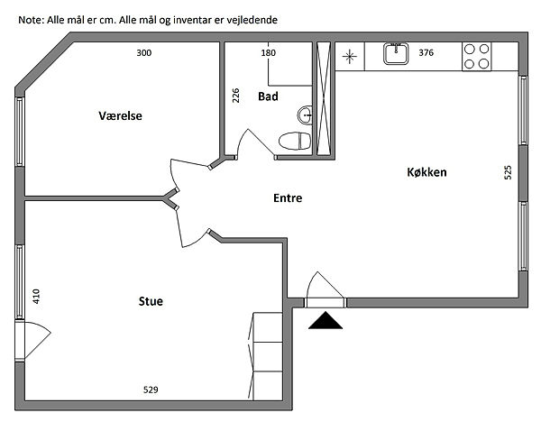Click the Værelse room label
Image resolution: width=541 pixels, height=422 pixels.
tap(120, 115)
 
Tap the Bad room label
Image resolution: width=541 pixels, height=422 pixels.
tap(268, 96)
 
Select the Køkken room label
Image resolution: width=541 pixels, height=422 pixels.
tap(426, 172)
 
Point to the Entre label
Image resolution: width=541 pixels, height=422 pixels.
tap(288, 197)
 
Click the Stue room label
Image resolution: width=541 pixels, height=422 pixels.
tap(151, 301)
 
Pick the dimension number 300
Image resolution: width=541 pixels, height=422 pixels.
tap(144, 53)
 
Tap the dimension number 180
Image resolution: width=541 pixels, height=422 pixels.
tap(268, 53)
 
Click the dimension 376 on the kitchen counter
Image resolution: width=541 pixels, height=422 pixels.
tap(426, 52)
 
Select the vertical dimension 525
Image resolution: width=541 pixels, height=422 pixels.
tap(508, 172)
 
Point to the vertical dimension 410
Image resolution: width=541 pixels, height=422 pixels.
tap(36, 296)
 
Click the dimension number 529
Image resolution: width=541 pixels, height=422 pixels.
tap(151, 390)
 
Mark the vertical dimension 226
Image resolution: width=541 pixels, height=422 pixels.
tap(235, 96)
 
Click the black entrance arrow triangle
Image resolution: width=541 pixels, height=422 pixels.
tap(326, 320)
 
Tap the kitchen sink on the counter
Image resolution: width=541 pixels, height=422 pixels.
tap(396, 54)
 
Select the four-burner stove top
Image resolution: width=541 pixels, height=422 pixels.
tap(476, 56)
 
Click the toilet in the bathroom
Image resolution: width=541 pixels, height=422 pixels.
tap(295, 141)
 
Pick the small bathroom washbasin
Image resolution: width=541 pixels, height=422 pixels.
tap(305, 115)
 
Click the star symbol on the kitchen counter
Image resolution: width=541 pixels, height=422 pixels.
tap(349, 57)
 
